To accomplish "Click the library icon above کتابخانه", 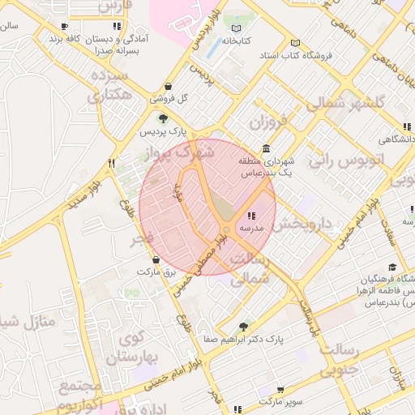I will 236,27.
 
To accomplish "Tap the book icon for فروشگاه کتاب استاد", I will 295,43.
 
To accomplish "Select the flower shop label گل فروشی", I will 171,98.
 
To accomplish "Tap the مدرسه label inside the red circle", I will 250,229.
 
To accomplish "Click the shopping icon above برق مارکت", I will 156,260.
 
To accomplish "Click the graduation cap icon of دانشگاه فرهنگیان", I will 392,267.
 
